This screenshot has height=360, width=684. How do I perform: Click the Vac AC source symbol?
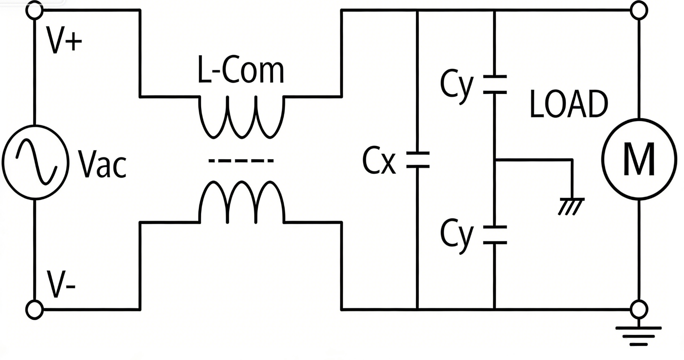point(35,162)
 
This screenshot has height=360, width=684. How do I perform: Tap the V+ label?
point(64,41)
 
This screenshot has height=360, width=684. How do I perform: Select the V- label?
point(61,284)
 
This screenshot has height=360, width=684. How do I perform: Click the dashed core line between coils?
point(241,160)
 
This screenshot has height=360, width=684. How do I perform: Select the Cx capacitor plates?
point(418,160)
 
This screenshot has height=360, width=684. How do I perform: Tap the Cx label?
point(379,161)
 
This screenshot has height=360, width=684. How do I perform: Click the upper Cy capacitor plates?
point(495,85)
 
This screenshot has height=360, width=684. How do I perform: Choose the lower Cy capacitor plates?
point(495,235)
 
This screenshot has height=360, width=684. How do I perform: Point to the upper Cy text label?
point(456,86)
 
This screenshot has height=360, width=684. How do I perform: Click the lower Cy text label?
point(456,235)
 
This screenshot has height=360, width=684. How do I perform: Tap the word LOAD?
point(569,104)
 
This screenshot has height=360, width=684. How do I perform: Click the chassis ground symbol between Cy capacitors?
point(571,206)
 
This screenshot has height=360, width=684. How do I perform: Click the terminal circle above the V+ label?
point(34,11)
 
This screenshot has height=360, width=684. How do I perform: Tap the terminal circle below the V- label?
point(34,310)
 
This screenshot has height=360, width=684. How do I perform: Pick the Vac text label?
point(103,164)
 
